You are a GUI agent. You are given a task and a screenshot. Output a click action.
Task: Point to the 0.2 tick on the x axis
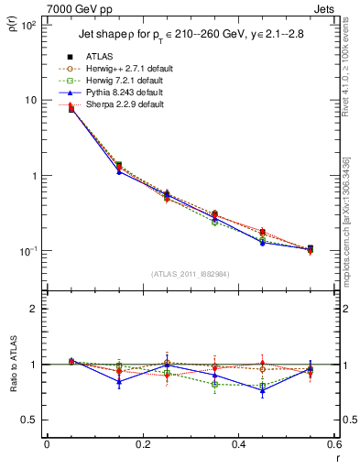coord(142,444)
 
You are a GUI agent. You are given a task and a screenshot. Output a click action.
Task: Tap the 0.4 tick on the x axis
coord(238,444)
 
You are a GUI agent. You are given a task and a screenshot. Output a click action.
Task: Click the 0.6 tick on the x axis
coord(333,444)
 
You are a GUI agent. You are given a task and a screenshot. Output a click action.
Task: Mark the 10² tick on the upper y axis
coord(27,25)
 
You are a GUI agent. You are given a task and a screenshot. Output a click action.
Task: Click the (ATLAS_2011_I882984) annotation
coord(190,274)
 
